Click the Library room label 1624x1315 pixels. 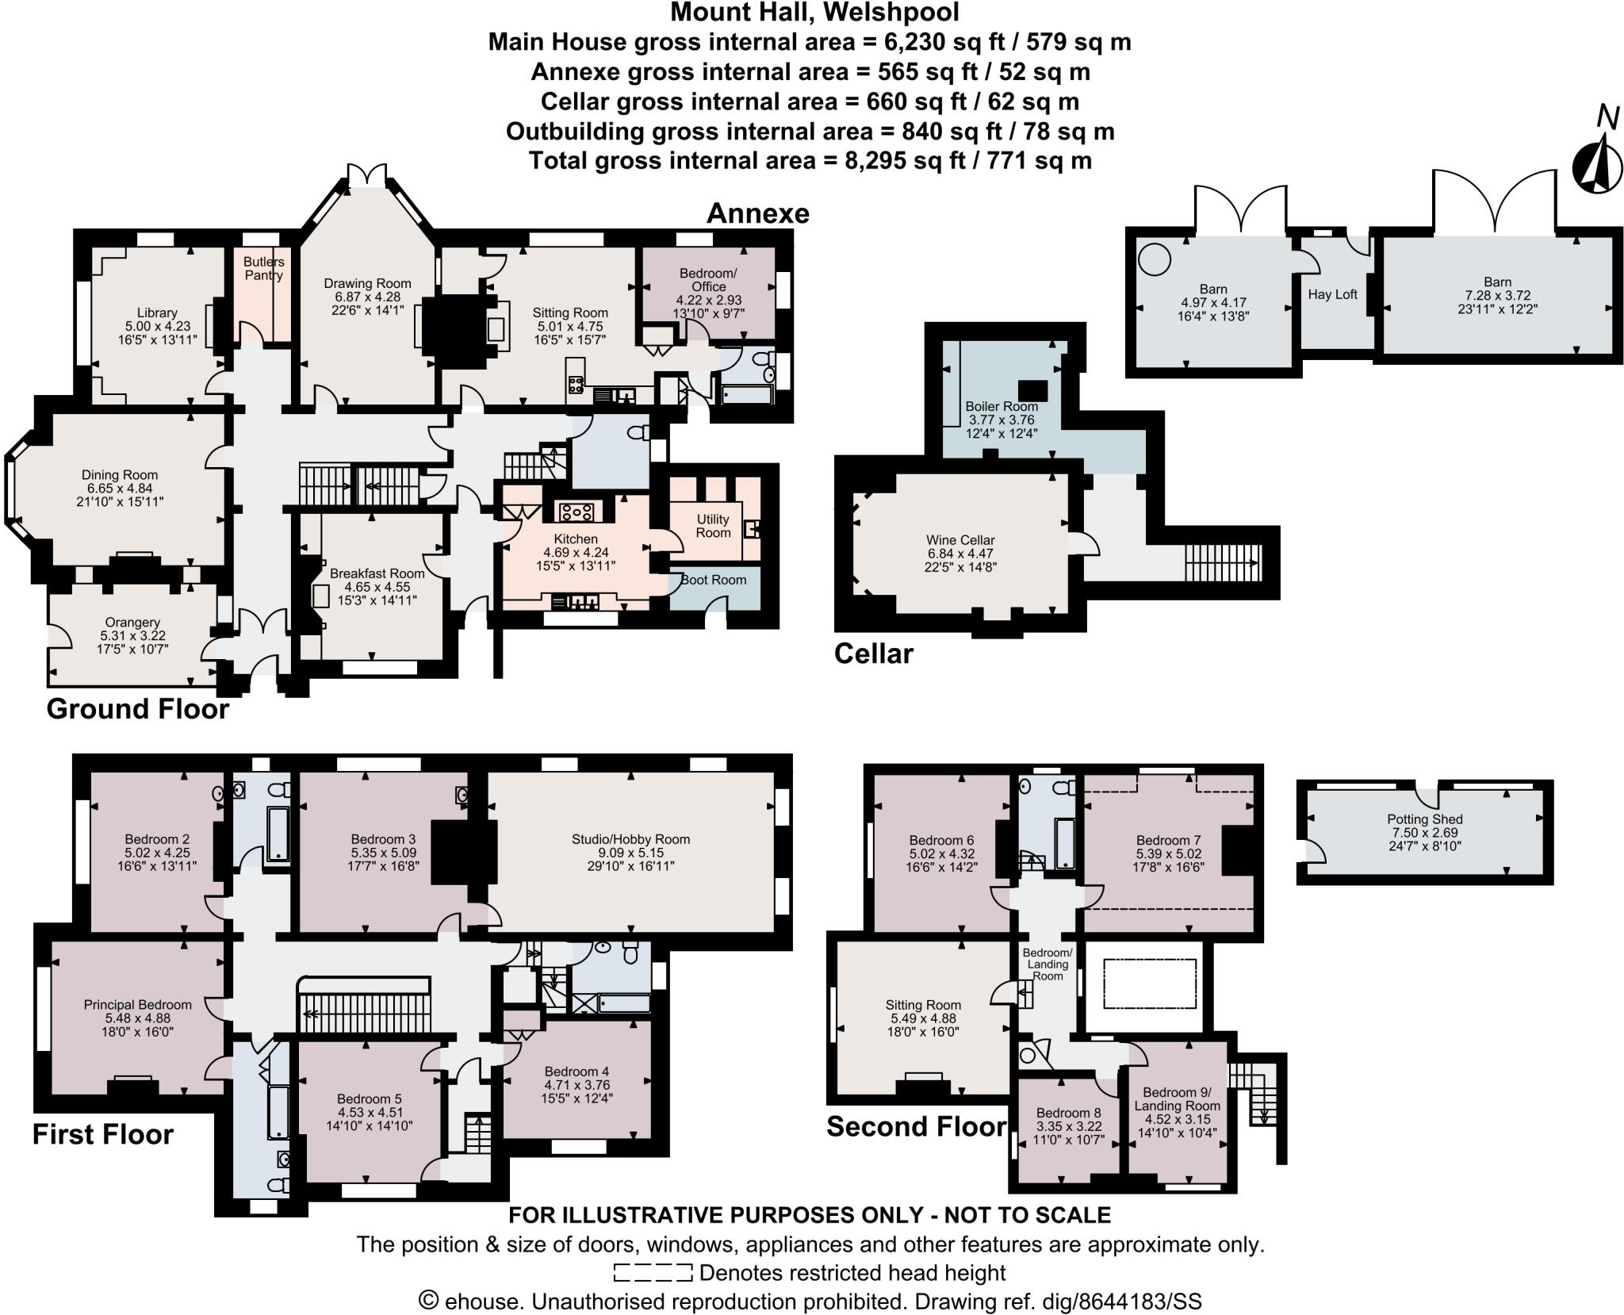(156, 312)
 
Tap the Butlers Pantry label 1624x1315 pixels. (263, 268)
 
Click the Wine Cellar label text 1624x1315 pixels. (960, 540)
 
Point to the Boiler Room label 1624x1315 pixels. (1002, 406)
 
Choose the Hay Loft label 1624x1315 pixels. (1332, 294)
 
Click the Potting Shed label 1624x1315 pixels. (1425, 819)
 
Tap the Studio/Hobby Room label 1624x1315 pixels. (630, 839)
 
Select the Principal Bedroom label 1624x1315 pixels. (137, 1005)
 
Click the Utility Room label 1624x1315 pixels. (713, 526)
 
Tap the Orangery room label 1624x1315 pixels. (132, 623)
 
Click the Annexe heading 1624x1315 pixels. (757, 213)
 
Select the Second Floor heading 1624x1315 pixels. (916, 1126)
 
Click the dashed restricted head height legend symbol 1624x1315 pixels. (653, 1273)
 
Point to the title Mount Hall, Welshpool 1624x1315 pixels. (814, 13)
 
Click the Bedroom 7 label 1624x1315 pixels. (1168, 841)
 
